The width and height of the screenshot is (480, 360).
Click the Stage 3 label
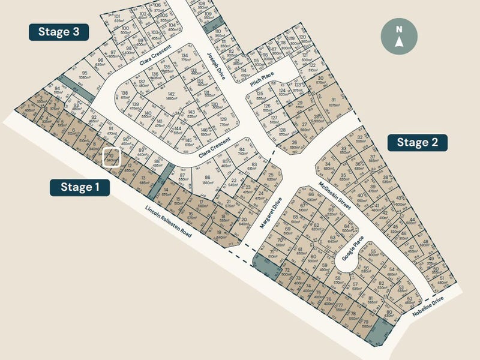[x=59, y=32]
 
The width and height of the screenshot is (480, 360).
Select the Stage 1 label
[x=80, y=187]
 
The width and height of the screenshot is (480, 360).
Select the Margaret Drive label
[x=269, y=215]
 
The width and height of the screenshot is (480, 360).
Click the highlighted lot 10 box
[x=112, y=157]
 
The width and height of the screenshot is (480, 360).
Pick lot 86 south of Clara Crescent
[x=207, y=180]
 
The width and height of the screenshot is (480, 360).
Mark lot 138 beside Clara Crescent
[x=125, y=96]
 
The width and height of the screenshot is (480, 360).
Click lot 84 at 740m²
[x=242, y=152]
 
